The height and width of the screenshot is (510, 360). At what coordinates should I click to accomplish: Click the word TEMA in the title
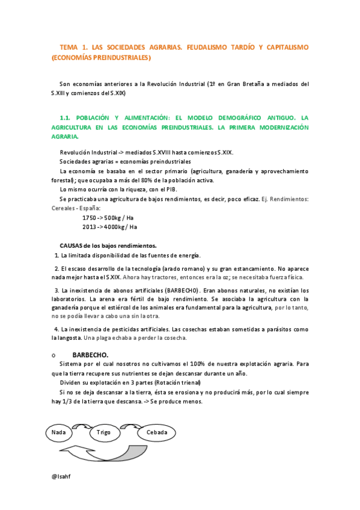[x=69, y=47]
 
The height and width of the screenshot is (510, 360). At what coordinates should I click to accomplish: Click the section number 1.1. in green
[x=67, y=117]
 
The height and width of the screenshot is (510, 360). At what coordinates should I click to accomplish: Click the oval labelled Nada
[x=59, y=432]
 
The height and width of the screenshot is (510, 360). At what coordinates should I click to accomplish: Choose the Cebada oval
[x=157, y=432]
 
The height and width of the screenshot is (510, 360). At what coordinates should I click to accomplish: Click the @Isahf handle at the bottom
[x=63, y=475]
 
